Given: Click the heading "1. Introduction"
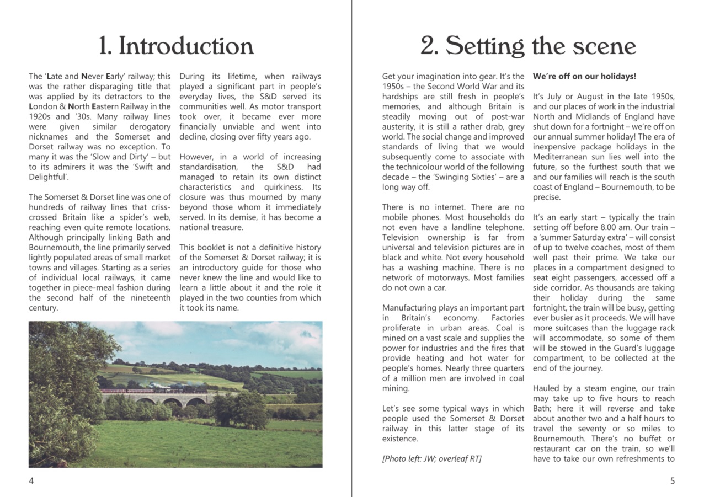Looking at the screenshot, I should coord(175,46).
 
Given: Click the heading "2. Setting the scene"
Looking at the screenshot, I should coord(527,46).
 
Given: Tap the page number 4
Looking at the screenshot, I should coord(31,481).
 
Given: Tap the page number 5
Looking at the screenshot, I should coord(672,481).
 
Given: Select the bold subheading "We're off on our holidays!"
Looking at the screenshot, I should coord(584,77).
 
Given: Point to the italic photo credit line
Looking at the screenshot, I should coord(431,459).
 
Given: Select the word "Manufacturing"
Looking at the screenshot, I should coord(407,308).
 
